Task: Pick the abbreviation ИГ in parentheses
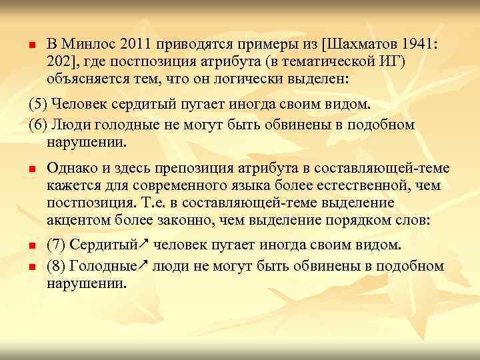379,61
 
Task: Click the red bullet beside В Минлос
31,45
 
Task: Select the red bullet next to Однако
31,170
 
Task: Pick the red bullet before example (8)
31,267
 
